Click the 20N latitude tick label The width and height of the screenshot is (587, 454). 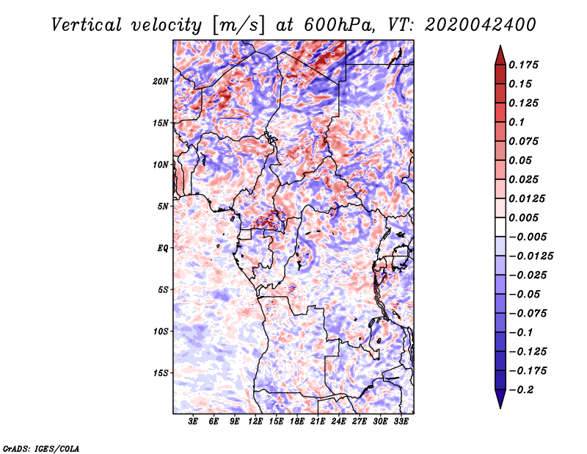tap(161, 81)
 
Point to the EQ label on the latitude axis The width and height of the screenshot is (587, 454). tap(163, 248)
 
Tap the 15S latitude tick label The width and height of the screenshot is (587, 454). tap(161, 373)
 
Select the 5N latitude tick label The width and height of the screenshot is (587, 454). tap(163, 206)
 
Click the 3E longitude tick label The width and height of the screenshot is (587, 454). tap(193, 422)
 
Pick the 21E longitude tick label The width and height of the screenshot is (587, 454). tap(318, 422)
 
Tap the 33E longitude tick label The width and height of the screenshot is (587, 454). tap(401, 422)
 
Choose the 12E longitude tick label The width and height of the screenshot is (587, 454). tap(255, 422)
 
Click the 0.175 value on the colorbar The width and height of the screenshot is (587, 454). tap(523, 65)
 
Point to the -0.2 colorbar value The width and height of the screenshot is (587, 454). tap(520, 390)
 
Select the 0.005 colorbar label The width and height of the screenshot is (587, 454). tap(523, 217)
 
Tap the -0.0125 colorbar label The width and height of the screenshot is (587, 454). tap(531, 256)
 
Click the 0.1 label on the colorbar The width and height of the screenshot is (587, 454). tap(517, 122)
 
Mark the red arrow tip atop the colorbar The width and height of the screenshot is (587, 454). tap(500, 46)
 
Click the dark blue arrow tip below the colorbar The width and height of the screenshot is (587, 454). tap(500, 408)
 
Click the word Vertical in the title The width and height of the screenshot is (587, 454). tap(87, 25)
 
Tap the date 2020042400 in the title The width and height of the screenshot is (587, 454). tap(481, 25)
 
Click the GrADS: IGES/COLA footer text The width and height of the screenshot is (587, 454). tap(41, 448)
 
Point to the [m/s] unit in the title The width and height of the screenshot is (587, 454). tap(239, 25)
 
